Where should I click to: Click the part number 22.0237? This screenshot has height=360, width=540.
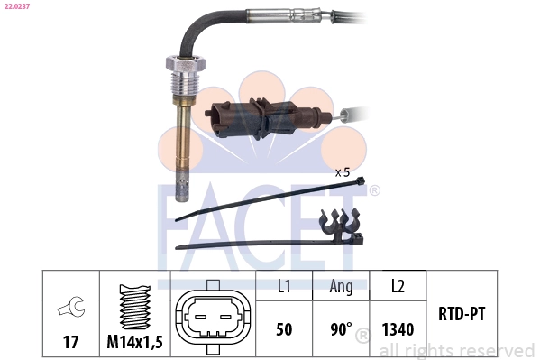point(16,8)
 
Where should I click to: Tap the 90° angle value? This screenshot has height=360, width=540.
point(340,329)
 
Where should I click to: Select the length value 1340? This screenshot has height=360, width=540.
point(397,329)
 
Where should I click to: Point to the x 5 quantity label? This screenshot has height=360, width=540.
point(343,171)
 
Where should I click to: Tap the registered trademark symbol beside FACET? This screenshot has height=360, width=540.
point(374,191)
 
